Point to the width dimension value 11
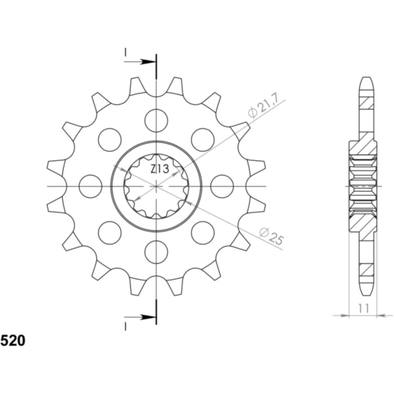point(362,308)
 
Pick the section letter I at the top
point(125,51)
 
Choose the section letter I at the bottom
point(125,326)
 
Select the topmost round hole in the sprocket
point(156,120)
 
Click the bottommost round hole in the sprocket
point(156,252)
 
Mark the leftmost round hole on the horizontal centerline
point(91,186)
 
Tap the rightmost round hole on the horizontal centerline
point(222,186)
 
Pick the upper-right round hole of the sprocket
point(203,139)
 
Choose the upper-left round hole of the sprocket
point(110,139)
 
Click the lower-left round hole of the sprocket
point(110,232)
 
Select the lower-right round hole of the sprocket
point(203,232)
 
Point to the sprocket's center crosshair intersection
point(156,186)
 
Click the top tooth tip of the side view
point(366,80)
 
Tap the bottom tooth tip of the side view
point(366,293)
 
